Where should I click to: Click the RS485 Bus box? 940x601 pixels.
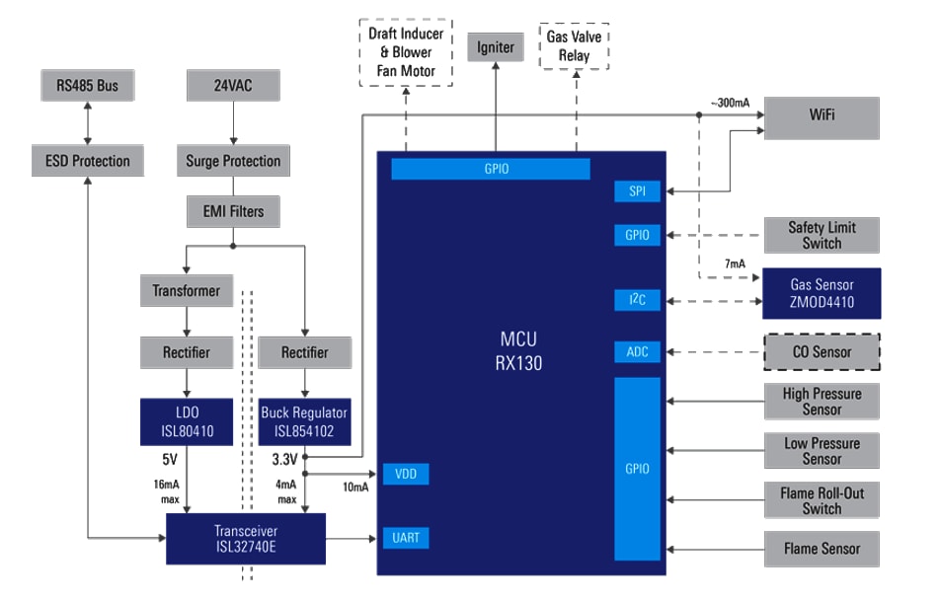click(87, 86)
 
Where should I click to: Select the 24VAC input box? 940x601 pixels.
click(233, 86)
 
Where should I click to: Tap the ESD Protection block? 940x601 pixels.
click(87, 161)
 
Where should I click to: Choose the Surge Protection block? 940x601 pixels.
click(233, 161)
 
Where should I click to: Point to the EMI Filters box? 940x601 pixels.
click(233, 210)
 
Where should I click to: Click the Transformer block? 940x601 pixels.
click(187, 291)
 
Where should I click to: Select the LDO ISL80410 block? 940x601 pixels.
click(187, 421)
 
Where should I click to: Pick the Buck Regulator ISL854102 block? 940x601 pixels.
click(304, 421)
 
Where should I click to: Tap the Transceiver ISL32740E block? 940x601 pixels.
click(245, 538)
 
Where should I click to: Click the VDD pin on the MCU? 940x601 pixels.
click(405, 475)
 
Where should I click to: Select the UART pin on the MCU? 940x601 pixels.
click(405, 538)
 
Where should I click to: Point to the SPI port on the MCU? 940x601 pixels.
click(637, 191)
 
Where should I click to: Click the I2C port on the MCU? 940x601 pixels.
click(637, 299)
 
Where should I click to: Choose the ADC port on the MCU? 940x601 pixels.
click(637, 352)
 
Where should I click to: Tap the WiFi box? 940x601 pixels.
click(822, 116)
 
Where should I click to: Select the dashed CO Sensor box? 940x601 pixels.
click(822, 352)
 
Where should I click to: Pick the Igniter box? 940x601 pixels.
click(496, 47)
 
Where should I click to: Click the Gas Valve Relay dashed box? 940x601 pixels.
click(574, 46)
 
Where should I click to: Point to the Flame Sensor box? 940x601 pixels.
click(822, 549)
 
